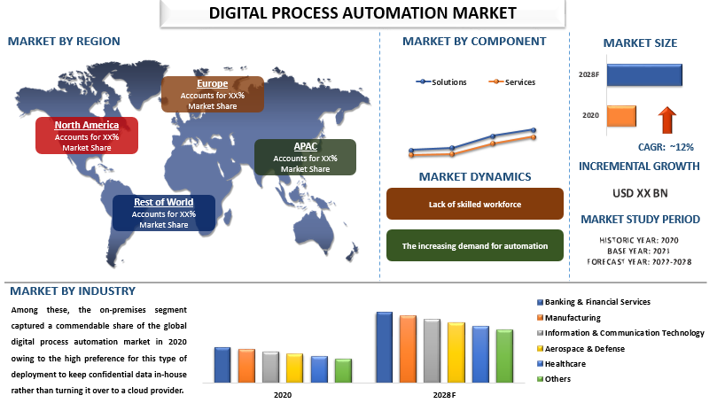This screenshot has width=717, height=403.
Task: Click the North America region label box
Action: (x=87, y=136)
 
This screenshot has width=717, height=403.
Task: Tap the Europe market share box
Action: (x=213, y=94)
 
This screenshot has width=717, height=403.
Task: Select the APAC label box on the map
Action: (x=305, y=157)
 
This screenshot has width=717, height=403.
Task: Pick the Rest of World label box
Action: (x=164, y=213)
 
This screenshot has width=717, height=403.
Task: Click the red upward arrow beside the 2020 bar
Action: (x=667, y=120)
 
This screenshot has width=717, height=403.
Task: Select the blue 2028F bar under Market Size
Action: (x=644, y=75)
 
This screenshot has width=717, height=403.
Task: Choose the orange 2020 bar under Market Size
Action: (x=621, y=116)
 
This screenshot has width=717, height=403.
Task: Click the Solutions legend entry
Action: (x=441, y=82)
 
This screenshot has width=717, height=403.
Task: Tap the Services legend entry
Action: (x=511, y=82)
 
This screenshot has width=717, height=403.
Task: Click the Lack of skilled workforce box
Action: (x=475, y=204)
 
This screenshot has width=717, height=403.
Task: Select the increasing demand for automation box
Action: (x=475, y=245)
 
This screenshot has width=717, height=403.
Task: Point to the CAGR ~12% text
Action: (x=666, y=147)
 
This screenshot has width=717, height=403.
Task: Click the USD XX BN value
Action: (x=640, y=193)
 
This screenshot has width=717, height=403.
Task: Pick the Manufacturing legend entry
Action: (x=569, y=318)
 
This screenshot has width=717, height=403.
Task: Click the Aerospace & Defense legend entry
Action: (x=581, y=349)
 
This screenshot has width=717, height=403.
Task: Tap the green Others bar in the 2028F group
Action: (x=504, y=356)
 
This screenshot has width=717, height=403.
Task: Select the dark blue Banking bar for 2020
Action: (x=222, y=365)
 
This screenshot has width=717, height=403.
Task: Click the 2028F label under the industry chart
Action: (x=444, y=395)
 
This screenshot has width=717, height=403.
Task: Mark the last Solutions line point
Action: (x=534, y=130)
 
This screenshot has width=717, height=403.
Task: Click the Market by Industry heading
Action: (x=73, y=291)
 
